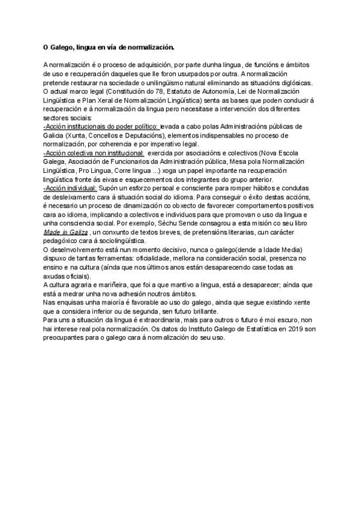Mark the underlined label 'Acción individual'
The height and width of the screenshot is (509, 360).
click(x=70, y=188)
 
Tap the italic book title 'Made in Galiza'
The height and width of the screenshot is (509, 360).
click(x=66, y=232)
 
